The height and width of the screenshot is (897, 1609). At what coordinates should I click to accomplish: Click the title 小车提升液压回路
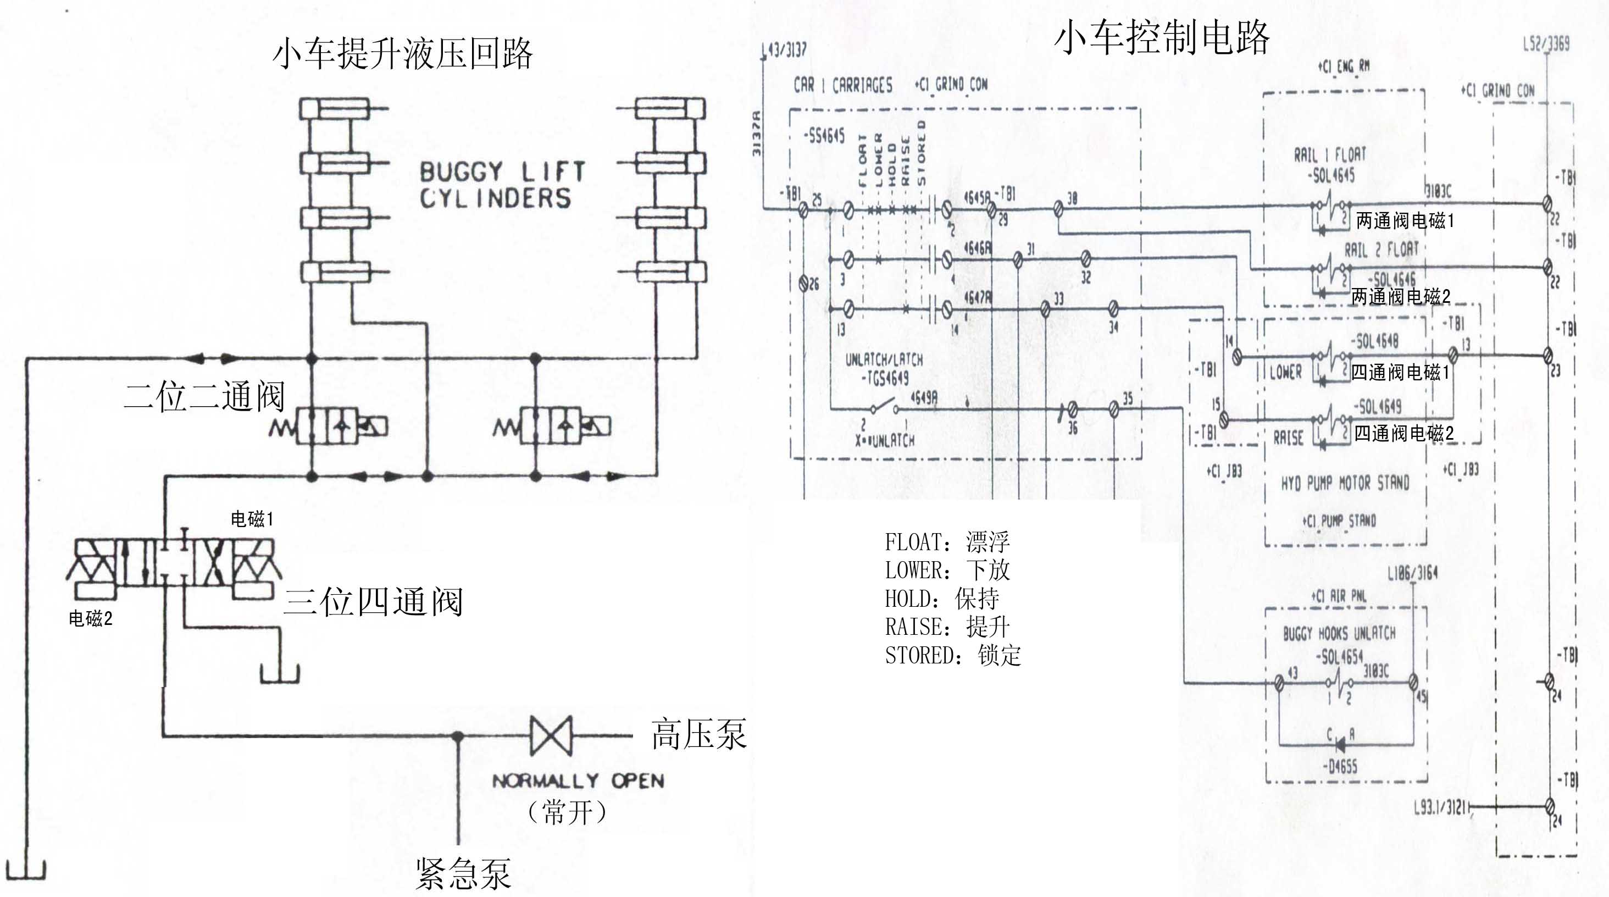pos(402,54)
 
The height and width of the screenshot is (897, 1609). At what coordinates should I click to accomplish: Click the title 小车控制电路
pos(1162,37)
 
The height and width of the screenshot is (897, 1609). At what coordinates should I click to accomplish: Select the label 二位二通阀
pos(204,396)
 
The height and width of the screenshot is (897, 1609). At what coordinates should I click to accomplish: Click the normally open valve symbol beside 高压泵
pos(550,736)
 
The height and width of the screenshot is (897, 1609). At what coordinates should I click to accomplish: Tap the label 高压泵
pos(698,734)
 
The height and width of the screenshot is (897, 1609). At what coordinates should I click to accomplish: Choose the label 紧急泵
pos(463,873)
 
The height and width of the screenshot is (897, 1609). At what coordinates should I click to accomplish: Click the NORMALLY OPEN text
pos(578,781)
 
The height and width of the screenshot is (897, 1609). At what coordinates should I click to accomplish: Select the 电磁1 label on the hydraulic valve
pos(252,519)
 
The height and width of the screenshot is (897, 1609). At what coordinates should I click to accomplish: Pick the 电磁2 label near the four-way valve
pos(91,618)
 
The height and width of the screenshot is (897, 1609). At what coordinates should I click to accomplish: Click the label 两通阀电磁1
pos(1405,220)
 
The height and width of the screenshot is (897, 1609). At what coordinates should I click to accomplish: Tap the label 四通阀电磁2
pos(1403,433)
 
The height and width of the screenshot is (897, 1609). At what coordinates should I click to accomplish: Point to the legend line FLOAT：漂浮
pos(947,542)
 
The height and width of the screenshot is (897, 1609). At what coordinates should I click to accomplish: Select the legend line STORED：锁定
pos(952,655)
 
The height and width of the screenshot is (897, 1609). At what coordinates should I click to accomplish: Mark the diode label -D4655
pos(1339,766)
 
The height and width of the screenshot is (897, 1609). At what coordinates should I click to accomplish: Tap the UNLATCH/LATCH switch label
pos(884,360)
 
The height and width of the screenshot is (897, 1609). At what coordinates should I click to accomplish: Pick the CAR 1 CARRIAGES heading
pos(842,86)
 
